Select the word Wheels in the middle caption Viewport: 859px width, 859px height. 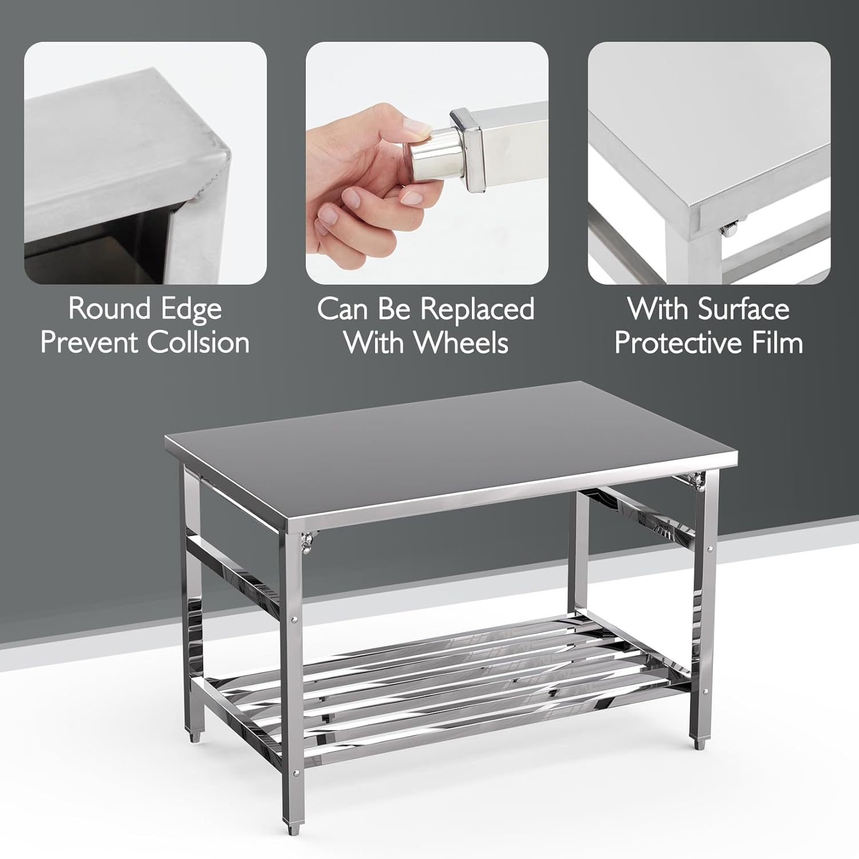click(x=461, y=342)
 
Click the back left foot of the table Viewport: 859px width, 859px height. click(x=195, y=736)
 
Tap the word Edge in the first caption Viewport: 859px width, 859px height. click(x=191, y=309)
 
